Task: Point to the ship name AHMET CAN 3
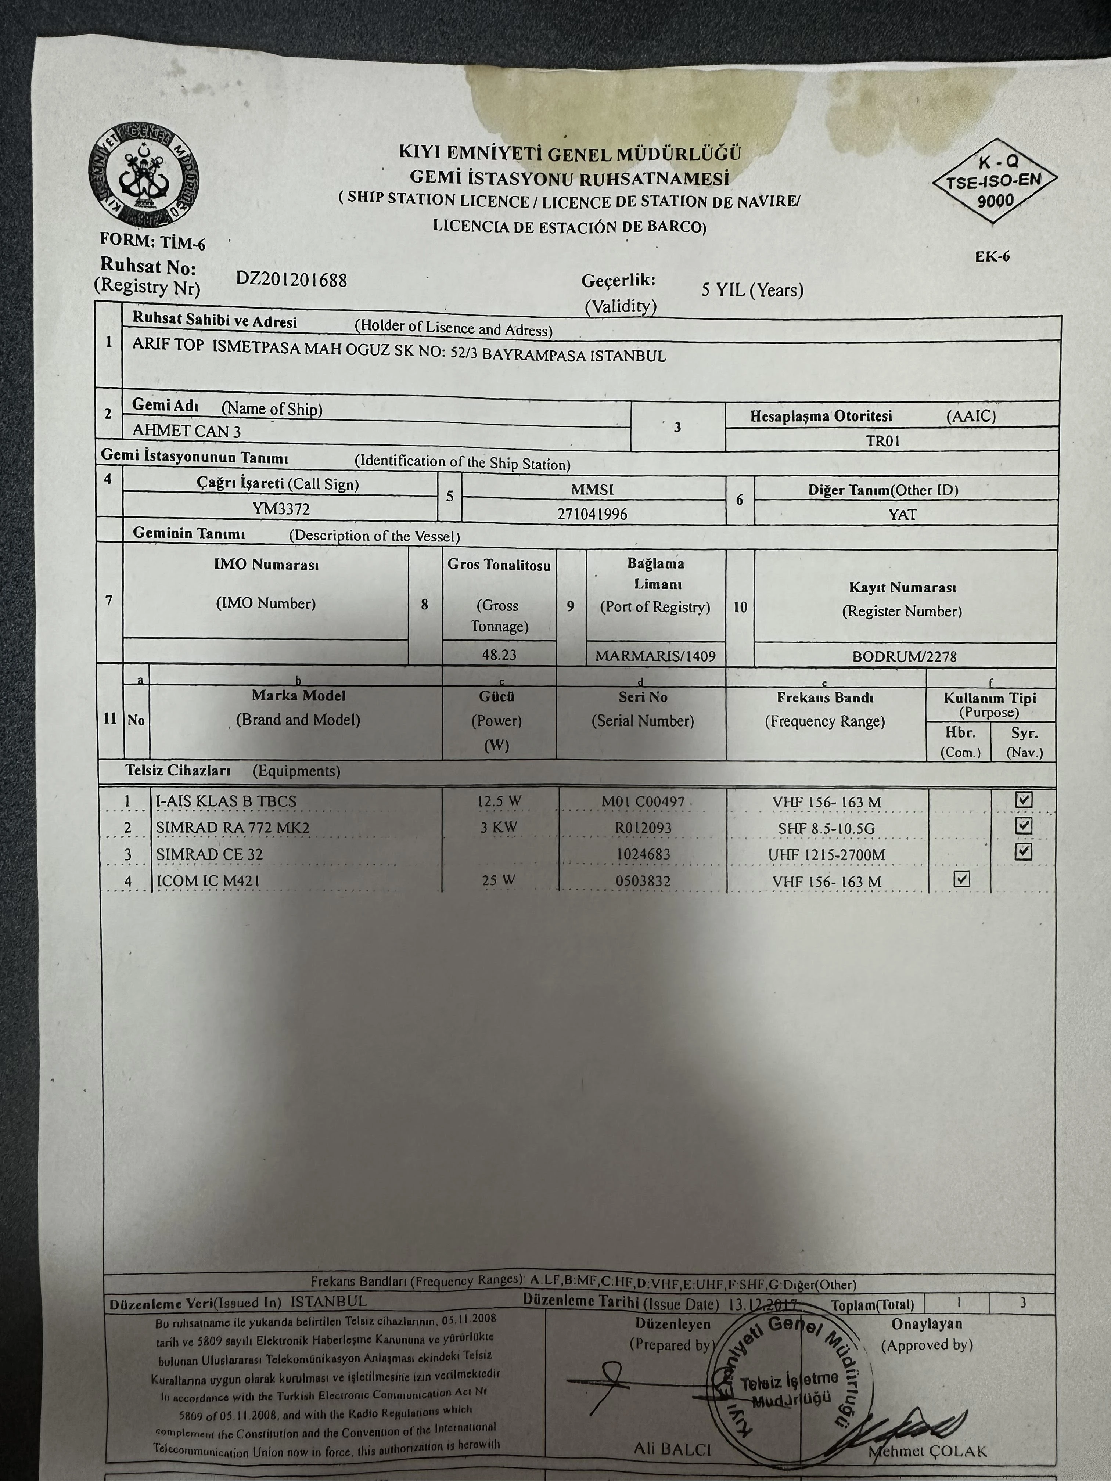coord(187,430)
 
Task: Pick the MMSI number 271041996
coord(592,514)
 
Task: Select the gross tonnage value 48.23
coord(499,654)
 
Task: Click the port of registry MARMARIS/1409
coord(655,656)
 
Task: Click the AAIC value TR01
coord(882,440)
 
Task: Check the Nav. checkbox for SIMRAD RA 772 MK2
coord(1022,825)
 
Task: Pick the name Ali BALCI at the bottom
coord(672,1449)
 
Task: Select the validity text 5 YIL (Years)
coord(752,290)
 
